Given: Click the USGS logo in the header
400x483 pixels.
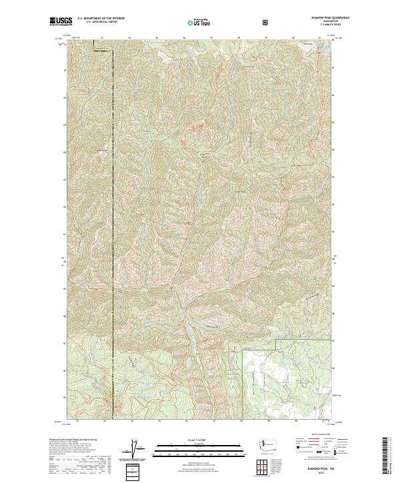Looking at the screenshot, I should (61, 21).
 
